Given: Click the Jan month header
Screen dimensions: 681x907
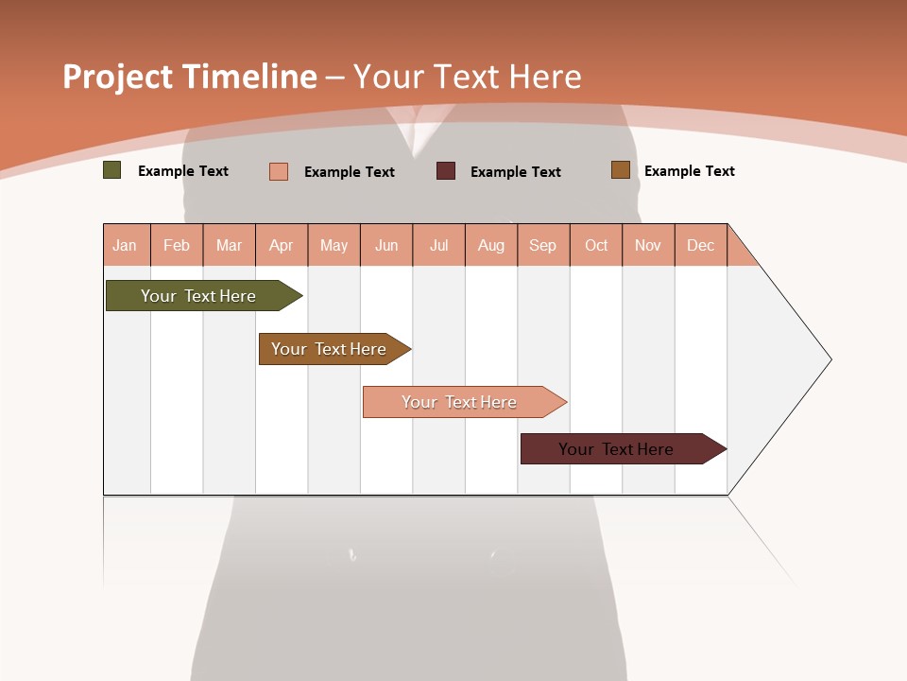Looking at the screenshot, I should pyautogui.click(x=125, y=245).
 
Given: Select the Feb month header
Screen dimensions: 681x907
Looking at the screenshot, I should pyautogui.click(x=177, y=245).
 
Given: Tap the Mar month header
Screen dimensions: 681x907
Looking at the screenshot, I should pyautogui.click(x=229, y=245).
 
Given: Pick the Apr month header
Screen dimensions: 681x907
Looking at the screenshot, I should pyautogui.click(x=282, y=245).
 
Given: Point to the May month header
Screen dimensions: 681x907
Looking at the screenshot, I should pyautogui.click(x=334, y=245).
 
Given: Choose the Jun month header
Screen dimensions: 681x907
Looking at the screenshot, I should pyautogui.click(x=386, y=245).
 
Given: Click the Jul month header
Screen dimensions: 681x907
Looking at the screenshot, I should pyautogui.click(x=439, y=245).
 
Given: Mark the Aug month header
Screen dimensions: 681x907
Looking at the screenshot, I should pyautogui.click(x=491, y=245).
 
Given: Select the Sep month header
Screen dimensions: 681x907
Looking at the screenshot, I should pyautogui.click(x=543, y=245).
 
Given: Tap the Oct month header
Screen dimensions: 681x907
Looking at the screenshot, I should pyautogui.click(x=596, y=245).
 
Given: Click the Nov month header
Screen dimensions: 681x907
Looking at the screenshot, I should pyautogui.click(x=648, y=245).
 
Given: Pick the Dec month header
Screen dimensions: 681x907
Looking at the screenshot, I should pyautogui.click(x=701, y=245).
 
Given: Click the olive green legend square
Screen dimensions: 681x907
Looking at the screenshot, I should pyautogui.click(x=112, y=170).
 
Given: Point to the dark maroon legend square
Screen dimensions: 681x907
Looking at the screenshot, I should pyautogui.click(x=446, y=171).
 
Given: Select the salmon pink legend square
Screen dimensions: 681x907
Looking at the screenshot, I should pyautogui.click(x=279, y=171).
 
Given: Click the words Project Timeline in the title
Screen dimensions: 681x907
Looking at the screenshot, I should pyautogui.click(x=190, y=77).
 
